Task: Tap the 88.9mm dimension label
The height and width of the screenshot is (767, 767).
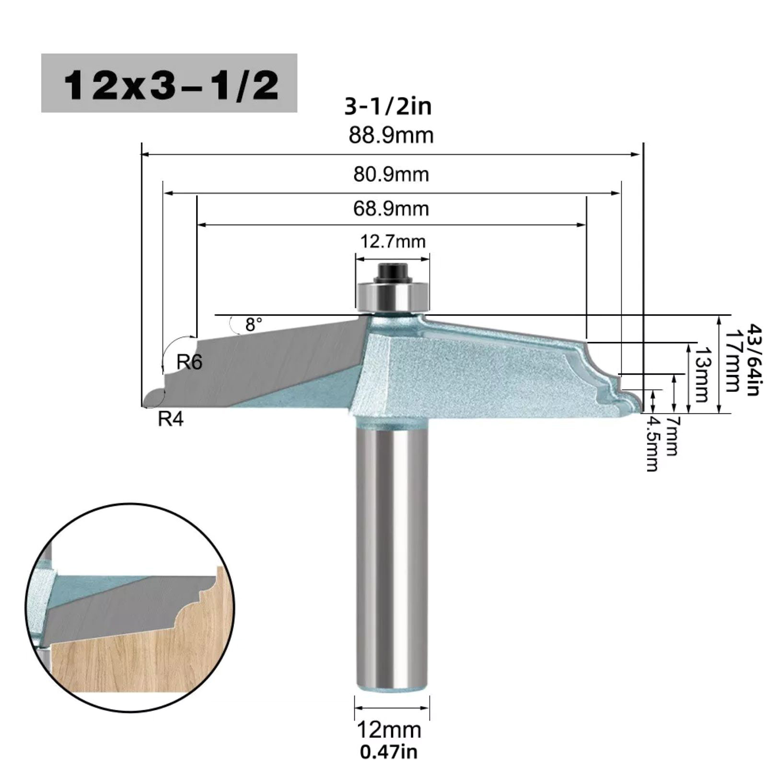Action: pos(391,135)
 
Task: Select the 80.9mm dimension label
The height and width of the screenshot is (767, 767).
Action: pos(391,174)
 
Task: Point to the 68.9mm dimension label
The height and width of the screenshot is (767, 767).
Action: pos(391,209)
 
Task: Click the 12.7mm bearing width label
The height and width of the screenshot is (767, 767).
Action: pos(393,241)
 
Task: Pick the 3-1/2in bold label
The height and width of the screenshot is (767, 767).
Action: pos(388,106)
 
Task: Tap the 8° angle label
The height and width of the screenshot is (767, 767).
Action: pos(254,325)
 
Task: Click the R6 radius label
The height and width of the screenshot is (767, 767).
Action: pos(189,362)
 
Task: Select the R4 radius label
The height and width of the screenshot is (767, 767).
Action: pos(171,419)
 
